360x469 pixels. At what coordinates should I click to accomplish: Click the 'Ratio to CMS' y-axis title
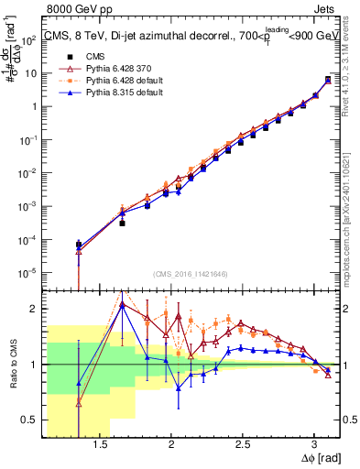coord(11,365)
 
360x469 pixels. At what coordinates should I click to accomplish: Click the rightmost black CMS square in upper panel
coord(328,80)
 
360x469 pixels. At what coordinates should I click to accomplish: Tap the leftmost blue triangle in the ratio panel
coord(79,384)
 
